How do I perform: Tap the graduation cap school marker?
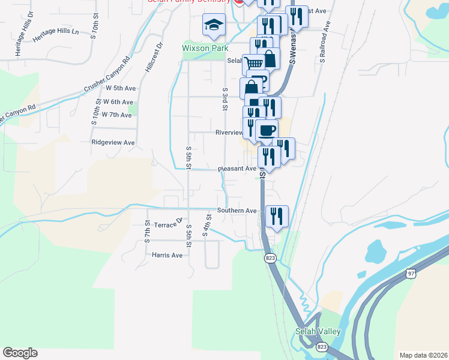[x=214, y=25]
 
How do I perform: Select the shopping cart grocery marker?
[x=253, y=62]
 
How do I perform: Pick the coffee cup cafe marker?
[x=267, y=130]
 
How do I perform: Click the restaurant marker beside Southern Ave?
[x=277, y=215]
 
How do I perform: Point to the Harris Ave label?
[x=167, y=255]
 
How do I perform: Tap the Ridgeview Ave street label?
[x=113, y=143]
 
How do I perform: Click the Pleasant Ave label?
[x=237, y=169]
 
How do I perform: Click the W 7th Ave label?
[x=116, y=115]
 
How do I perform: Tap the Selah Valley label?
[x=318, y=332]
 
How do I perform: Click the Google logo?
[x=20, y=353]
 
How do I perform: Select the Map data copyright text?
[x=423, y=355]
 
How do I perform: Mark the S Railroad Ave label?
[x=325, y=43]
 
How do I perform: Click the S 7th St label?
[x=147, y=231]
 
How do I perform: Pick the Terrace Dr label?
[x=168, y=224]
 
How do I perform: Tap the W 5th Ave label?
[x=121, y=88]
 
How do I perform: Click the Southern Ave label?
[x=237, y=211]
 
